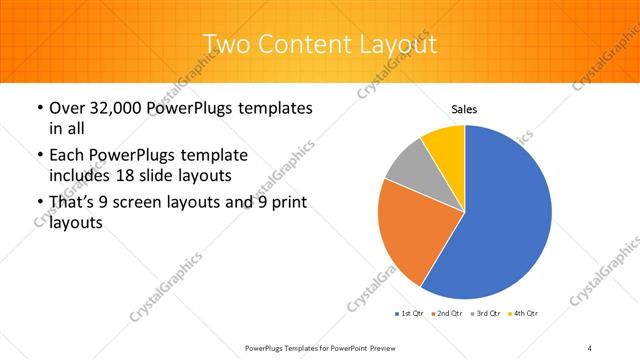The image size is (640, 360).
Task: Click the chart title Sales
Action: click(464, 109)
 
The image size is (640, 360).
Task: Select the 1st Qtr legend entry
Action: click(409, 314)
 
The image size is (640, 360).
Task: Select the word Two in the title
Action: click(226, 45)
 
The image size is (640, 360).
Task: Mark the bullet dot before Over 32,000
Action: click(38, 107)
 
